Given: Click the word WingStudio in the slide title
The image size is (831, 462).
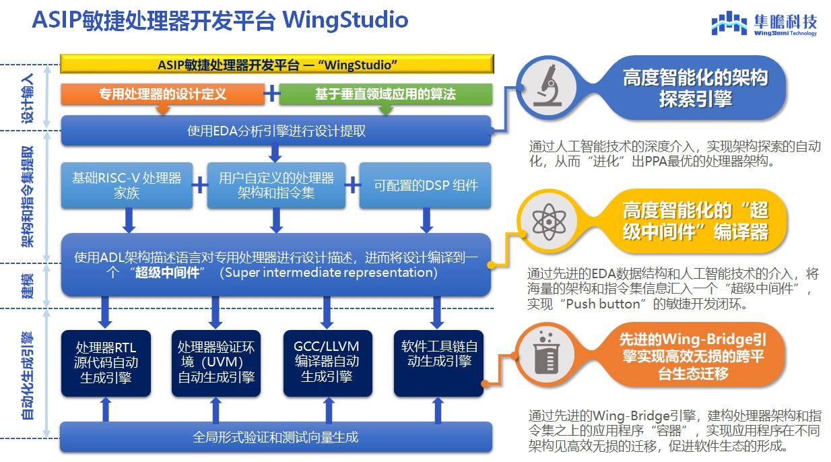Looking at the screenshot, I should [345, 20].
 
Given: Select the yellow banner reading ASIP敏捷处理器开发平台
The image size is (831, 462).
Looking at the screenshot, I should [277, 64].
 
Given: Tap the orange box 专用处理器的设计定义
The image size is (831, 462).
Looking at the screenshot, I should [162, 94].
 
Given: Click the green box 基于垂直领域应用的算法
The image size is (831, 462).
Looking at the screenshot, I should [385, 94].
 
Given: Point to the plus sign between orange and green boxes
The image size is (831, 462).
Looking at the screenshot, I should [271, 94].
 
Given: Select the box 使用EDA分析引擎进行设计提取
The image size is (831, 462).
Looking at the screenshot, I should [276, 131].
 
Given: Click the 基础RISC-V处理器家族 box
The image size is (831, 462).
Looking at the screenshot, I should [127, 185].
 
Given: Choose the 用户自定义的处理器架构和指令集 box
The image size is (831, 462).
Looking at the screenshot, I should [276, 185].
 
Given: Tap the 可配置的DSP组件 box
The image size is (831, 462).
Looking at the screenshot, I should [426, 185].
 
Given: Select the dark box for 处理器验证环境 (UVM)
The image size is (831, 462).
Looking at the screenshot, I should [215, 362].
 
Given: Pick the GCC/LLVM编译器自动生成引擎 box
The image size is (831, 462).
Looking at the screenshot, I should [327, 362].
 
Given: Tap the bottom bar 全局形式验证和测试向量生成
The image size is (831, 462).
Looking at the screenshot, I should [276, 437].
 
